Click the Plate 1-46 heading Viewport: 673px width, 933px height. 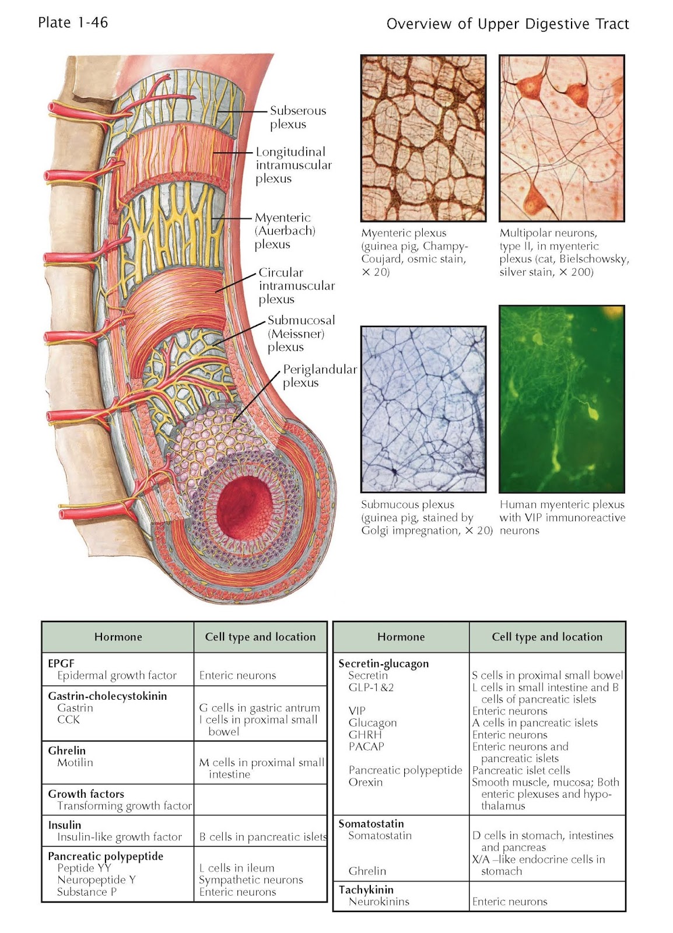click(73, 23)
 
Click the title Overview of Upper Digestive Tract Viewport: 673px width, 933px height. click(507, 24)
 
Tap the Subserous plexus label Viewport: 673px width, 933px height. click(297, 117)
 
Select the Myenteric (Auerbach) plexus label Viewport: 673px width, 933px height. click(285, 231)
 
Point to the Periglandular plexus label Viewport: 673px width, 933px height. click(319, 376)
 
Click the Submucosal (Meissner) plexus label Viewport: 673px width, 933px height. click(301, 334)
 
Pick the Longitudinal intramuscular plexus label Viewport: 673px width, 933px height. click(293, 165)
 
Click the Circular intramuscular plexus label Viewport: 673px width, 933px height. click(296, 286)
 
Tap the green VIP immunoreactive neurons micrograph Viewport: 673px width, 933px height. click(562, 399)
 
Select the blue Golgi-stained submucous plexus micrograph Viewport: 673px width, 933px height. click(423, 409)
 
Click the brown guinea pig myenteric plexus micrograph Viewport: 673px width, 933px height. click(423, 138)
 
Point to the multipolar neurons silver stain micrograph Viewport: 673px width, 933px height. click(562, 138)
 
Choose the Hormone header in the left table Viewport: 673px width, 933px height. click(118, 637)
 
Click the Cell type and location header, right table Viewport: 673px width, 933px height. click(547, 637)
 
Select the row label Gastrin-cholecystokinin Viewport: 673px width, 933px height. click(107, 696)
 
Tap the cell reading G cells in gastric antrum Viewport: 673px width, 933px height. click(260, 708)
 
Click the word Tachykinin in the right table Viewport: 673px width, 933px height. click(366, 889)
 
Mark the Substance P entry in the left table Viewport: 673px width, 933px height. click(87, 892)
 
